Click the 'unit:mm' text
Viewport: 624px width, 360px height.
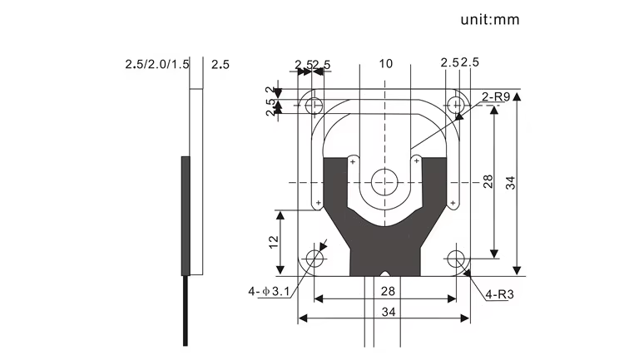489,19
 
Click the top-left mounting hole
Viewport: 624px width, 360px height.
315,106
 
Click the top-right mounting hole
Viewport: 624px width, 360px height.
455,106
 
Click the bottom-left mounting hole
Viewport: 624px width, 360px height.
315,259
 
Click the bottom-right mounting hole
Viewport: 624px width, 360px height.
456,259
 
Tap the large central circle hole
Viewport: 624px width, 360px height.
385,180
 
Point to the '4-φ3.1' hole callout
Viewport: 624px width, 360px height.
268,292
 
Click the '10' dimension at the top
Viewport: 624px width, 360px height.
385,64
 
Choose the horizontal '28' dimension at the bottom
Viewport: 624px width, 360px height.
385,292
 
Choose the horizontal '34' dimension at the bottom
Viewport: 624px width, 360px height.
385,311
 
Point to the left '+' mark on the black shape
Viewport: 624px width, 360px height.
354,161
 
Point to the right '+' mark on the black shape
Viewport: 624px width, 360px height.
417,161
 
